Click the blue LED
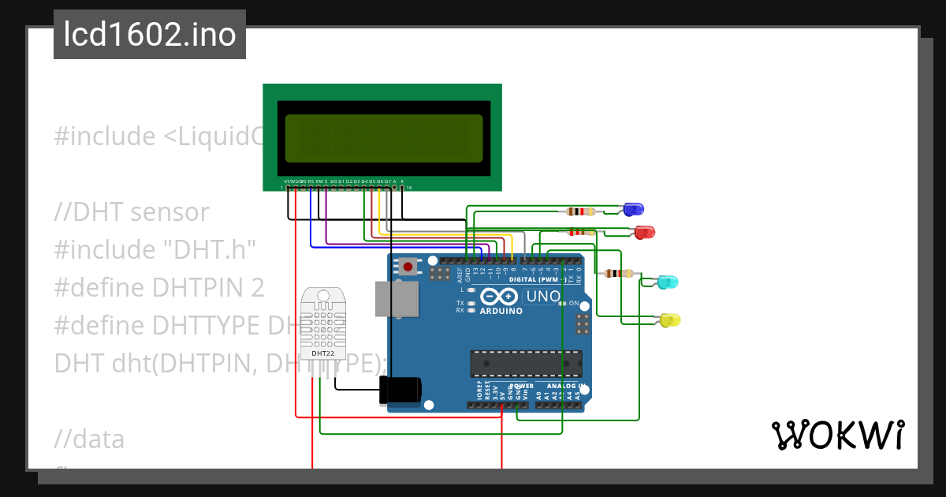pyautogui.click(x=633, y=209)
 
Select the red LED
pyautogui.click(x=644, y=232)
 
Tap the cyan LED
pyautogui.click(x=668, y=282)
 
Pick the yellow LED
pyautogui.click(x=669, y=319)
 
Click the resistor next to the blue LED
pyautogui.click(x=581, y=211)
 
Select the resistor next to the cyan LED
pyautogui.click(x=618, y=274)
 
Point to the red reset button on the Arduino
pyautogui.click(x=408, y=267)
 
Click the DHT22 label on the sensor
pyautogui.click(x=322, y=353)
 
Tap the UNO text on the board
pyautogui.click(x=543, y=297)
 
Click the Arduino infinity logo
pyautogui.click(x=498, y=297)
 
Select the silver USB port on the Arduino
pyautogui.click(x=396, y=299)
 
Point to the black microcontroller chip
pyautogui.click(x=526, y=363)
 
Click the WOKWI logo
pyautogui.click(x=837, y=435)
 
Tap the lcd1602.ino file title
pyautogui.click(x=150, y=35)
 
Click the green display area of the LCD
pyautogui.click(x=384, y=138)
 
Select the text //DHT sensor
pyautogui.click(x=132, y=212)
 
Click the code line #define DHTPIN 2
pyautogui.click(x=158, y=288)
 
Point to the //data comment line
pyautogui.click(x=89, y=439)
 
